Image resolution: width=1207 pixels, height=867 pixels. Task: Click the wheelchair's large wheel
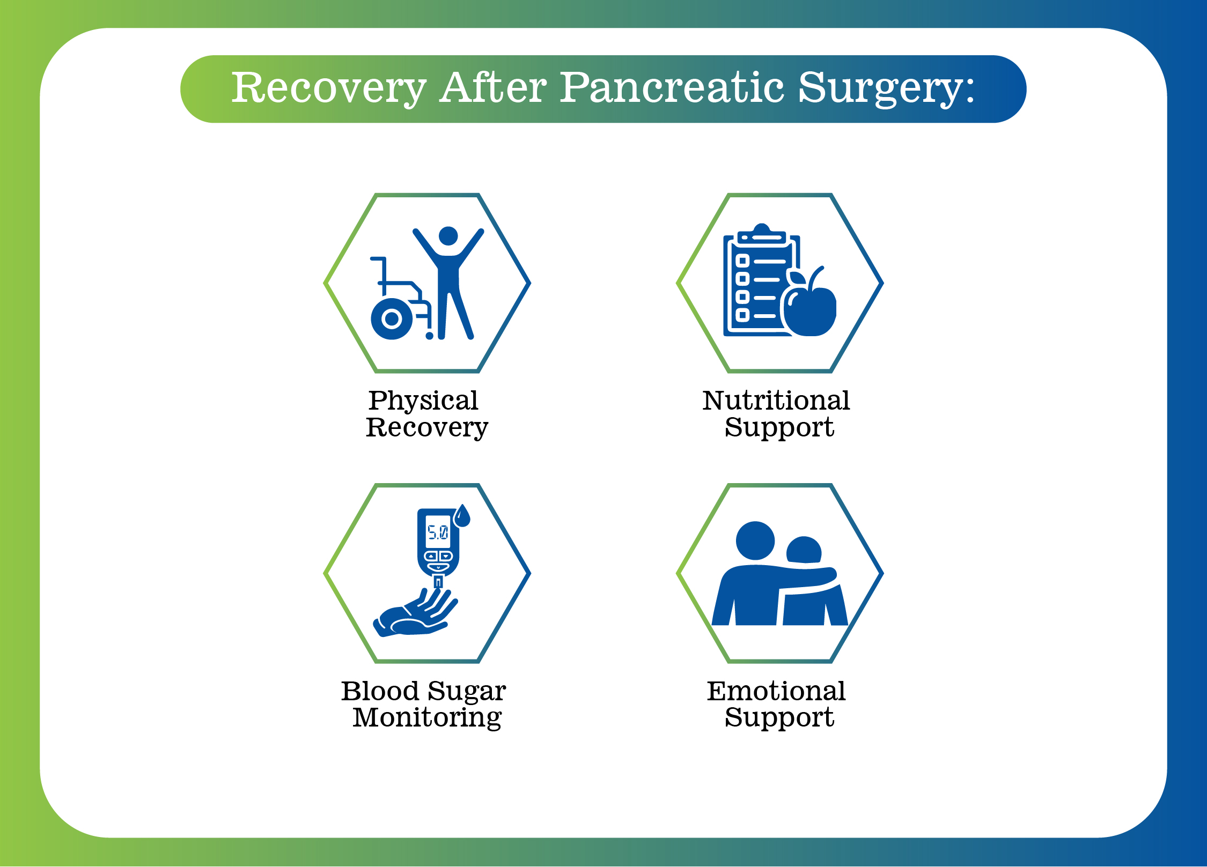tap(392, 319)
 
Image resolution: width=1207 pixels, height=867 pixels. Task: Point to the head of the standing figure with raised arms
tap(448, 236)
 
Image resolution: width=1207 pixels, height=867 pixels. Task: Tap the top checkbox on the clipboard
tap(742, 262)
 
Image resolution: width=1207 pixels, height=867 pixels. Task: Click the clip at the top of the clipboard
tap(762, 235)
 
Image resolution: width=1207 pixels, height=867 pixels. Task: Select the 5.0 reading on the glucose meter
tap(438, 532)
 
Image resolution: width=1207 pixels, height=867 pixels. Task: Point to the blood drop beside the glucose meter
tap(462, 516)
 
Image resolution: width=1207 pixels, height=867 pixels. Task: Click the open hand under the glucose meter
tap(415, 613)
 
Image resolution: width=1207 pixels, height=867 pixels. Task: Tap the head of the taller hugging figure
tap(755, 540)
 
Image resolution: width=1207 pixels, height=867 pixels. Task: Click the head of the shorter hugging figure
tap(804, 550)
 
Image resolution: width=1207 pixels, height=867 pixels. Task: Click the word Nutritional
tap(776, 401)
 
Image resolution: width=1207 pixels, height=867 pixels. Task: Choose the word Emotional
tap(776, 691)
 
